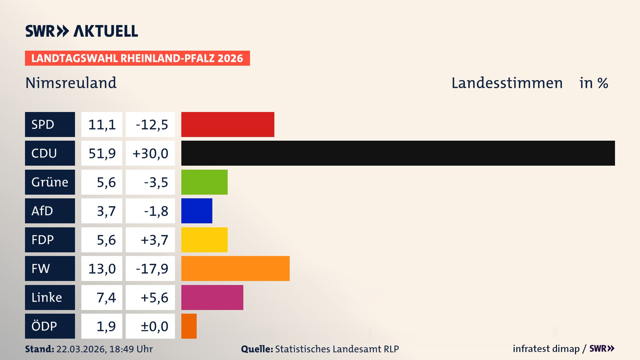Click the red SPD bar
click(x=228, y=124)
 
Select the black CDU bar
click(x=398, y=153)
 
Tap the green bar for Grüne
click(x=204, y=182)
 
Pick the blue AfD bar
click(x=197, y=211)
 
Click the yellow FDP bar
click(x=204, y=240)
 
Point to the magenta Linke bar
click(x=212, y=297)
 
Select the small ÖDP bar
click(x=189, y=326)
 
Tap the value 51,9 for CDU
click(x=102, y=153)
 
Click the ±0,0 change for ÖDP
click(x=154, y=326)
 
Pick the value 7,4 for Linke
click(x=106, y=297)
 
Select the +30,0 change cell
click(x=150, y=153)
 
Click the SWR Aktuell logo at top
click(x=82, y=31)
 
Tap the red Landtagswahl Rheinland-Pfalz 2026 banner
click(x=137, y=58)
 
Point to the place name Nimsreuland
click(x=71, y=83)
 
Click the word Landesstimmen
click(x=507, y=83)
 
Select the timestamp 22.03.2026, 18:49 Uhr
click(x=104, y=349)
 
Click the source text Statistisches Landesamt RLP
click(x=337, y=349)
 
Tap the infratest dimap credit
click(x=546, y=349)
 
